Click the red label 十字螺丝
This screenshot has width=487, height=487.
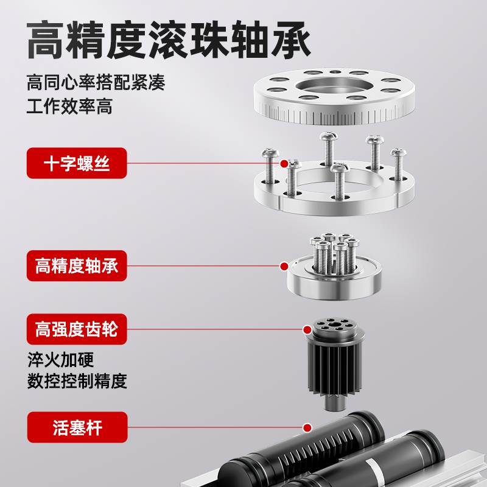77,163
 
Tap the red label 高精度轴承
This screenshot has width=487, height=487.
77,266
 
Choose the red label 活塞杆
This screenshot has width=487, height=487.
77,427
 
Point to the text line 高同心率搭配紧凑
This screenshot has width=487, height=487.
96,82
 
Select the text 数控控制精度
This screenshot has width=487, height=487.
77,381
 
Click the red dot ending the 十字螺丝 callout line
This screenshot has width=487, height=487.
283,163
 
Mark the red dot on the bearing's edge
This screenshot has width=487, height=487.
283,266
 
